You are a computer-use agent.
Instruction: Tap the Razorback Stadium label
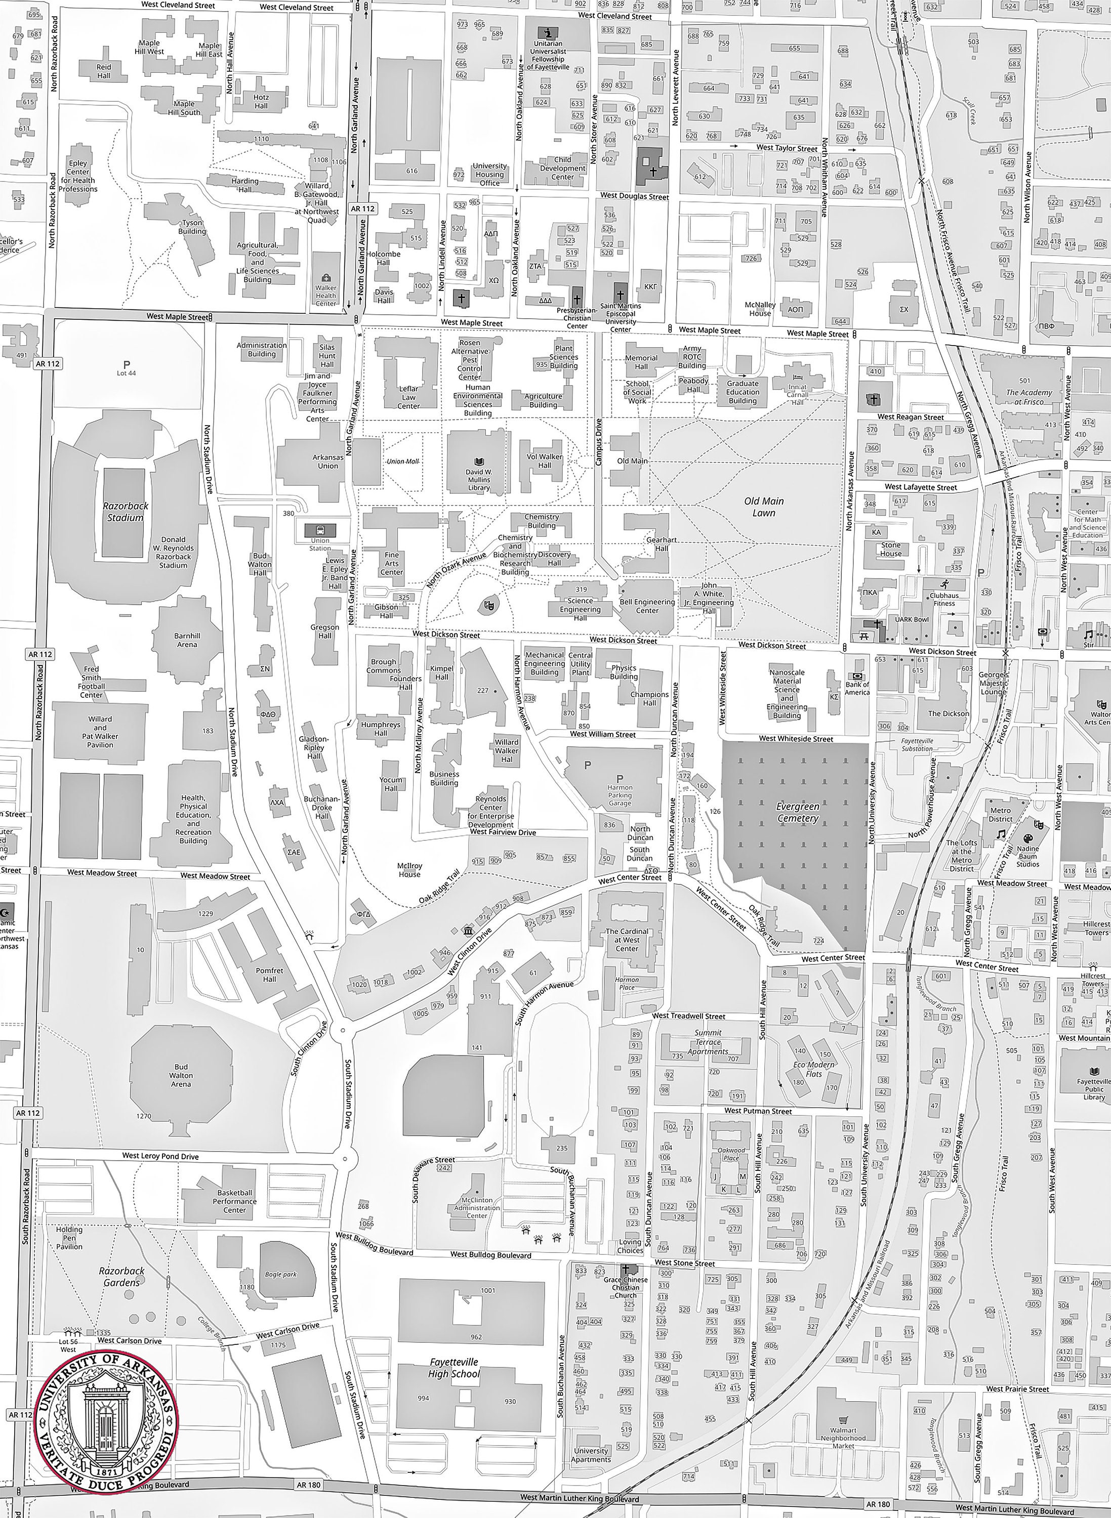pyautogui.click(x=125, y=512)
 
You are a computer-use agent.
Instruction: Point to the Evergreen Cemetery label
pyautogui.click(x=798, y=812)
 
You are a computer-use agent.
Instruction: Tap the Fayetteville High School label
pyautogui.click(x=454, y=1368)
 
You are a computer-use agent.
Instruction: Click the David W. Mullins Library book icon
pyautogui.click(x=479, y=462)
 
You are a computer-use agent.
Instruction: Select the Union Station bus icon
pyautogui.click(x=319, y=530)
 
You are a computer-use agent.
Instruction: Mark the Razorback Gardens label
pyautogui.click(x=121, y=1277)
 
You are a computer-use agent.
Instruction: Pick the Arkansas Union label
pyautogui.click(x=327, y=461)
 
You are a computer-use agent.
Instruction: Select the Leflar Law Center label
pyautogui.click(x=408, y=397)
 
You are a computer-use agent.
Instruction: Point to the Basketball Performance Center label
pyautogui.click(x=235, y=1201)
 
